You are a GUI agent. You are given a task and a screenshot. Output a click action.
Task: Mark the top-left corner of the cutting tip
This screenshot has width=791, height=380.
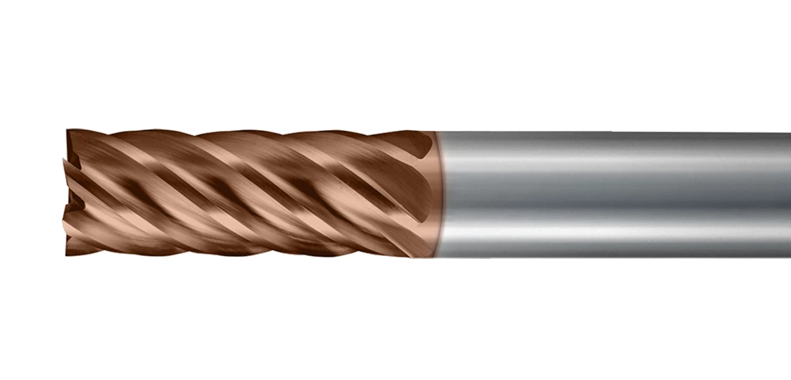click(x=68, y=130)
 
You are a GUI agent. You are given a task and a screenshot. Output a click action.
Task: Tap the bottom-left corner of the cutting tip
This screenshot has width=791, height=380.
click(x=68, y=254)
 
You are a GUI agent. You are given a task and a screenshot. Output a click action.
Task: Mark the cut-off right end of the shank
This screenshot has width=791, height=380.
click(x=788, y=194)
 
